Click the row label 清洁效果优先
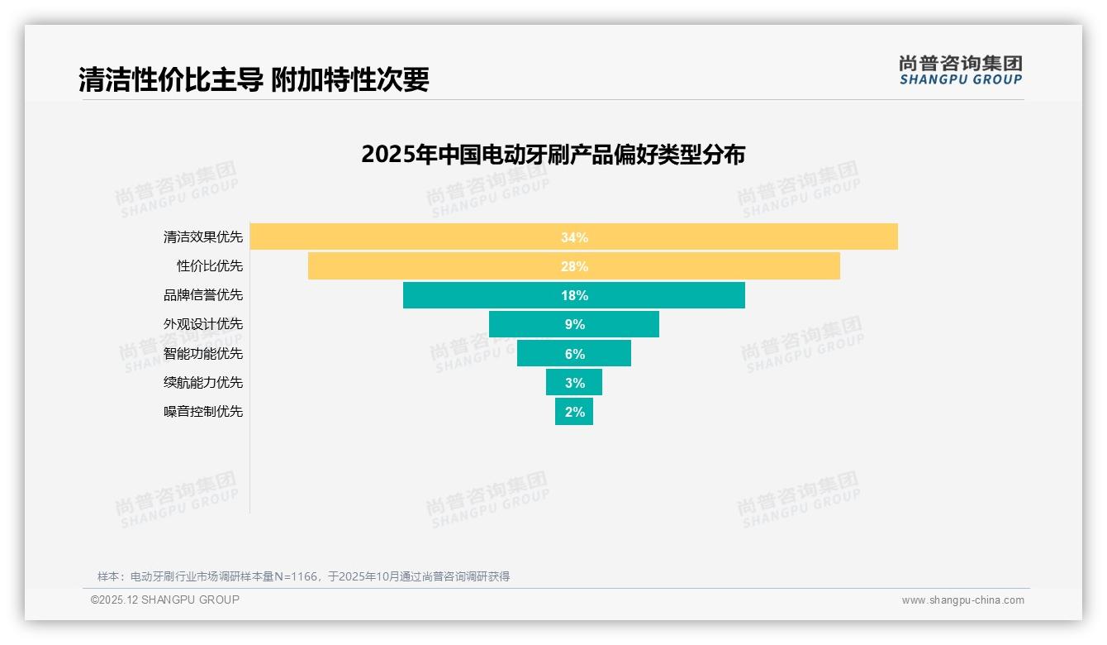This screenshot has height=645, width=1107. [x=203, y=237]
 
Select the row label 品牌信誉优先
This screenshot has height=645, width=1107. [x=203, y=295]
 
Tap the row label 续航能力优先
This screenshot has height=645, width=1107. [x=203, y=383]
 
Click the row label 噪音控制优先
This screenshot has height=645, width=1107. [x=203, y=412]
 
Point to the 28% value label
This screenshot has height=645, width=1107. [x=574, y=266]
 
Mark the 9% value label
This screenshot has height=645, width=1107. [x=575, y=324]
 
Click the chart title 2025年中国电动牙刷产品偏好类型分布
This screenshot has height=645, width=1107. [x=553, y=155]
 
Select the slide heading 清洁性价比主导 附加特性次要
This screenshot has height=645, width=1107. [x=254, y=79]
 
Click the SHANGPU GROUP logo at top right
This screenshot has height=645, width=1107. [x=960, y=70]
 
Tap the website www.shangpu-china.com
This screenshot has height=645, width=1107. [x=962, y=600]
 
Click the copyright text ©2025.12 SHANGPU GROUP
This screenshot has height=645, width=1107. [x=165, y=600]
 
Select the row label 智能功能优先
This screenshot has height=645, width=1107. [x=203, y=354]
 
